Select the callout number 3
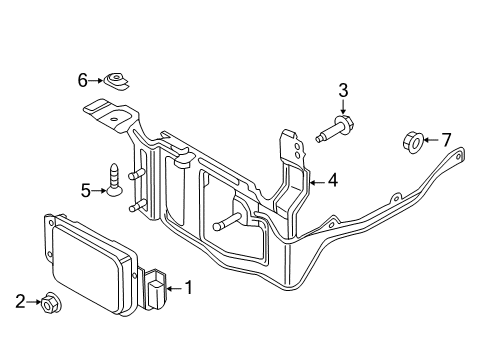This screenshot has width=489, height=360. coord(343,92)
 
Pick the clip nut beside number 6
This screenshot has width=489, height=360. coord(119,78)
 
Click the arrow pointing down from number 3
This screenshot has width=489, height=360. coord(343,109)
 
